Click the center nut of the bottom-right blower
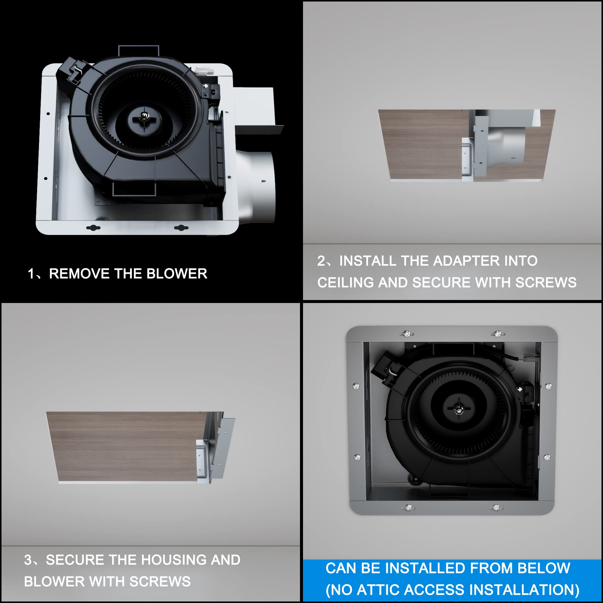point(458,409)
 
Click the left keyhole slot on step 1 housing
point(93,228)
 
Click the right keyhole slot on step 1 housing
point(181,228)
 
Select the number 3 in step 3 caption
point(28,560)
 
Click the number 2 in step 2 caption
point(321,261)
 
